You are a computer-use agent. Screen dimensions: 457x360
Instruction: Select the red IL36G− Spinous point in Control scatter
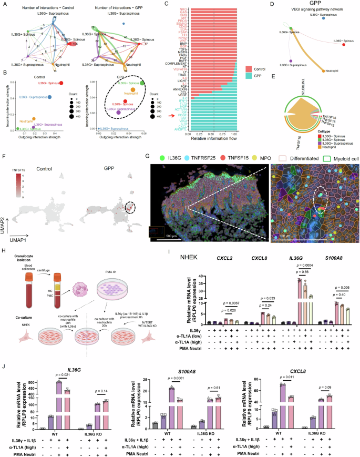[61, 83]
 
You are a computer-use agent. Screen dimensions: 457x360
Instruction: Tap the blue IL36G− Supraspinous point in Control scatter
[50, 97]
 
